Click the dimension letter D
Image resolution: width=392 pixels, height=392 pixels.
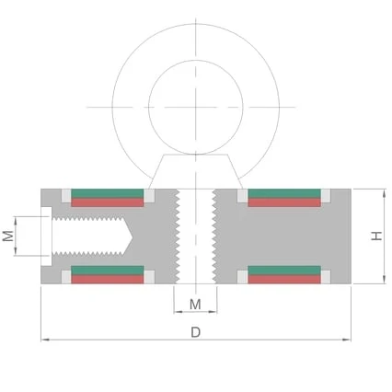[x=195, y=332]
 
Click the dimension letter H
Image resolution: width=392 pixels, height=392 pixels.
[x=376, y=236]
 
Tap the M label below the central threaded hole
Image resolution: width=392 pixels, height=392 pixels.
[x=195, y=305]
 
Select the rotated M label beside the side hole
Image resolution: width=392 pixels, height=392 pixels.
[x=8, y=236]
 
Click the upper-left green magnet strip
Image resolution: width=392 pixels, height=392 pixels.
[x=108, y=193]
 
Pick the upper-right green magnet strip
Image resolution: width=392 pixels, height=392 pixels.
[x=284, y=193]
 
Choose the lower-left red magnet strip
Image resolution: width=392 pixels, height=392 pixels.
[x=108, y=279]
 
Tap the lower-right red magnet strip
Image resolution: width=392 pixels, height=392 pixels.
[x=284, y=279]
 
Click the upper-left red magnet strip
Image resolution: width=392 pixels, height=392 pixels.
[x=108, y=202]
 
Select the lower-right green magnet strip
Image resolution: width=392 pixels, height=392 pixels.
[x=284, y=271]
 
